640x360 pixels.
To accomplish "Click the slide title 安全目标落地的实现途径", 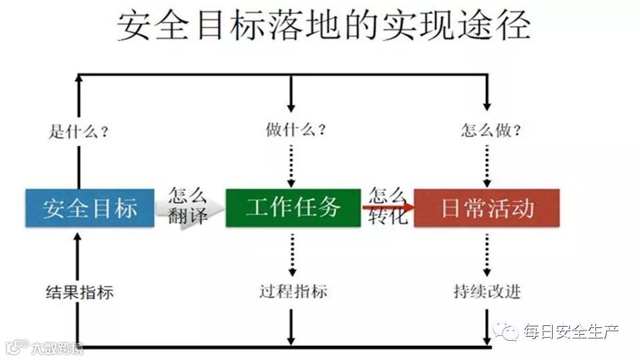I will pyautogui.click(x=324, y=27).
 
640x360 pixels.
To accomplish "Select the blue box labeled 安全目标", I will pyautogui.click(x=90, y=208).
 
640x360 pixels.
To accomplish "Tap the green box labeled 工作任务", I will pyautogui.click(x=293, y=208).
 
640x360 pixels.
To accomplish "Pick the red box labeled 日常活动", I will pyautogui.click(x=487, y=208).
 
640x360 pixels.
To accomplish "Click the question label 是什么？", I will pyautogui.click(x=79, y=131).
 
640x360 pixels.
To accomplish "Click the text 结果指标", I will pyautogui.click(x=79, y=292).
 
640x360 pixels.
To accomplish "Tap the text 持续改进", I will pyautogui.click(x=487, y=291).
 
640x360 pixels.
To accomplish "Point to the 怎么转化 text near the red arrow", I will pyautogui.click(x=387, y=206).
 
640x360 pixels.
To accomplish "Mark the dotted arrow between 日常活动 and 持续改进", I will pyautogui.click(x=487, y=255).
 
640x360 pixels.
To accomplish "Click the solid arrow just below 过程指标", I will pyautogui.click(x=291, y=327).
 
